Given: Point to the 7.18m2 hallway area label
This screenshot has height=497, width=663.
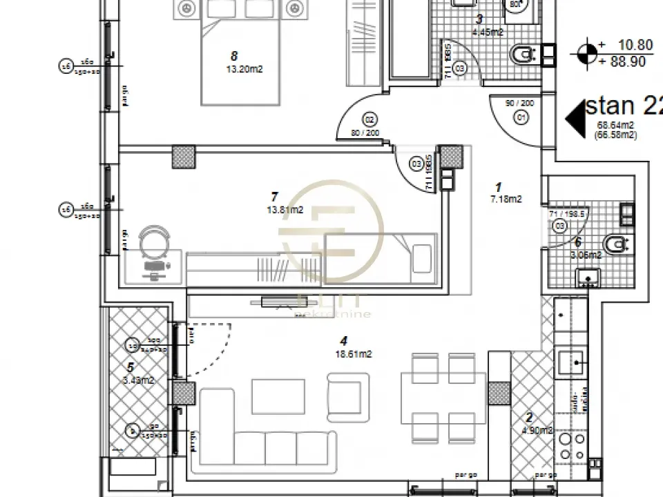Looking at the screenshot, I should point(505,199).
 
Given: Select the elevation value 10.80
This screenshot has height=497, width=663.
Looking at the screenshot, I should point(635,45).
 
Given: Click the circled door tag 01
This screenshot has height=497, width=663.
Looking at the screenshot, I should point(521,118).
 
